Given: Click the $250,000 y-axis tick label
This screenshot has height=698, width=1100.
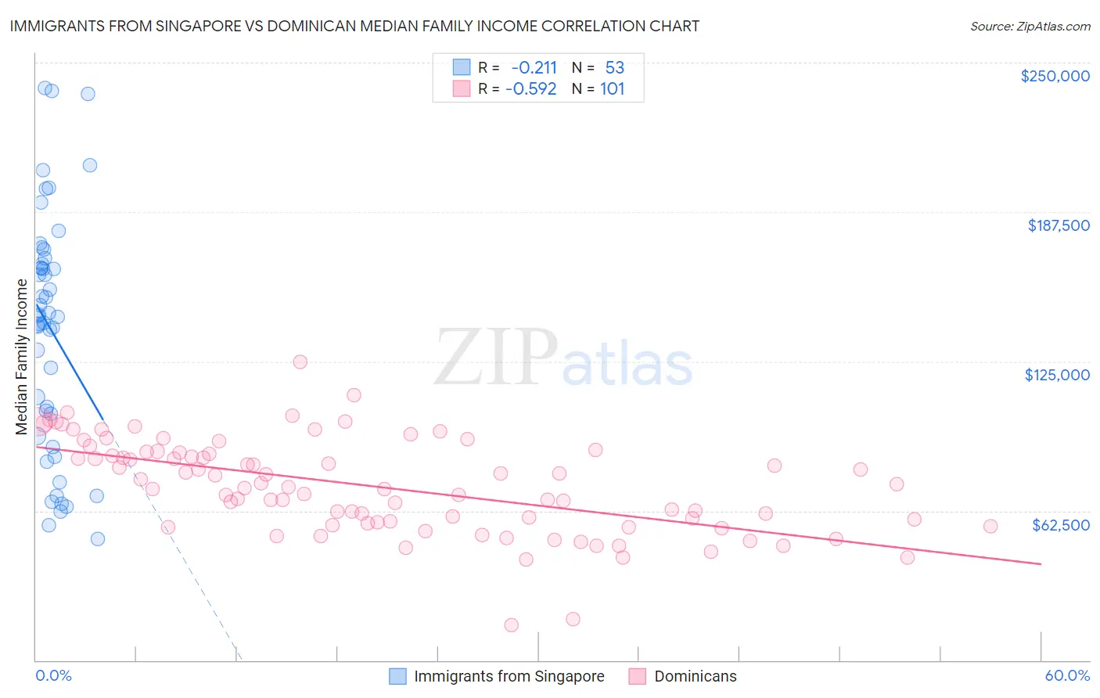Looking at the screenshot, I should [1055, 76].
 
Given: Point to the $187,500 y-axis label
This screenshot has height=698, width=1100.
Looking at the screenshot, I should [1058, 225].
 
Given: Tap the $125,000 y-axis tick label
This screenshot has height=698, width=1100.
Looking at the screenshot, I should [1057, 375].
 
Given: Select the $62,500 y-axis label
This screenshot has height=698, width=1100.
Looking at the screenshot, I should [1060, 525].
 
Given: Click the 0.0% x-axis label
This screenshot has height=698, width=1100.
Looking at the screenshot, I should [53, 675].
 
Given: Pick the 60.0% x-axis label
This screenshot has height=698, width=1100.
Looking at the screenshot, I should [1067, 675].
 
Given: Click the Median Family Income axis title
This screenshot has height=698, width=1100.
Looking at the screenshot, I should [22, 356].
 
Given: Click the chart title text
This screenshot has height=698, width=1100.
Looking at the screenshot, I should [354, 26].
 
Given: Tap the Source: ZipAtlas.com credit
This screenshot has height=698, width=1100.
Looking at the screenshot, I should [1030, 26].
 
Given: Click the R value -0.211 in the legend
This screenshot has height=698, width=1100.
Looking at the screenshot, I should [534, 68].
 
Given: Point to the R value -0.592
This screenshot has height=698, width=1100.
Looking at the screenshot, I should [530, 89].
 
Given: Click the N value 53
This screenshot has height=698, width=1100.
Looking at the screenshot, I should [614, 68].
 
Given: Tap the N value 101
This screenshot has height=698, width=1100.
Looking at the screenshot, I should [612, 89].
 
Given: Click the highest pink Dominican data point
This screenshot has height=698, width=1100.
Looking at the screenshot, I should [300, 362].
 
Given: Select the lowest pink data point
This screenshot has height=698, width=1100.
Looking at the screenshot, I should [511, 624].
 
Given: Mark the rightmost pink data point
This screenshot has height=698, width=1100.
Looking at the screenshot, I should [990, 526].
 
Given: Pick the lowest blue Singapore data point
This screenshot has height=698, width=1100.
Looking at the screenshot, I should [98, 538].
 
